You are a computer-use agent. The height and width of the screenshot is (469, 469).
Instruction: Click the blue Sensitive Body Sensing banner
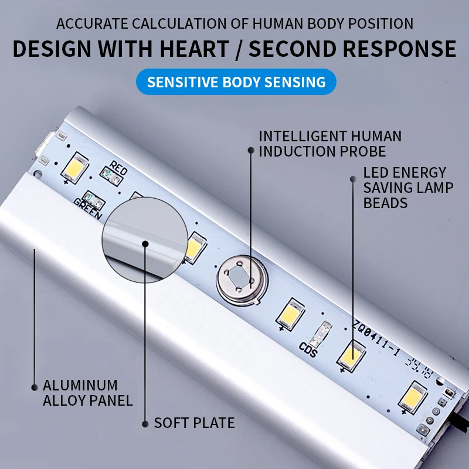pos(236,82)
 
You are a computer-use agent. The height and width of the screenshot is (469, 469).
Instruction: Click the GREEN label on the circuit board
pos(88,207)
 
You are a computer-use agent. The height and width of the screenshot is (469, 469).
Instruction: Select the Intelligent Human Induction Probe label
pos(330,144)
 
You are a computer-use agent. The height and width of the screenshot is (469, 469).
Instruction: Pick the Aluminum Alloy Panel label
pos(87,393)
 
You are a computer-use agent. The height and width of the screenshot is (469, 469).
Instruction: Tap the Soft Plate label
pos(194,423)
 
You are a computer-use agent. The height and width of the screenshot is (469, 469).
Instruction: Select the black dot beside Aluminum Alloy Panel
pos(34,386)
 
